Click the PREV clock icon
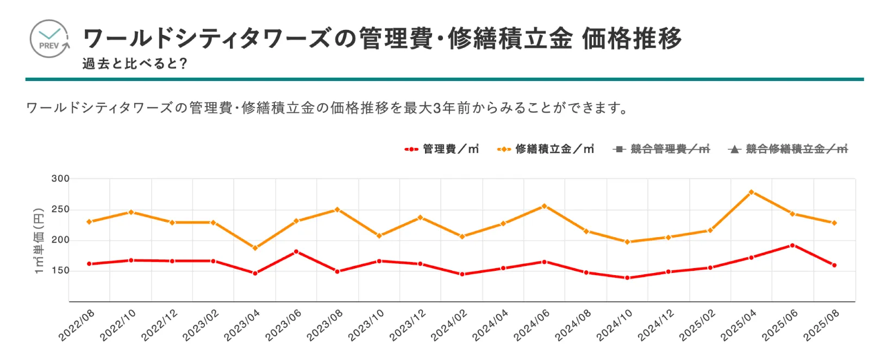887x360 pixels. (49, 39)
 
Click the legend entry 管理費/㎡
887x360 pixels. (442, 149)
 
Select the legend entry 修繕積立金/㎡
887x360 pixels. (546, 149)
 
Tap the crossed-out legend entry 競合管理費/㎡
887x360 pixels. (661, 149)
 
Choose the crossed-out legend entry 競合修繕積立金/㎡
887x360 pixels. (788, 149)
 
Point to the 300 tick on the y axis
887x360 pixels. (60, 178)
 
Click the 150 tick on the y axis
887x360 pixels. (60, 270)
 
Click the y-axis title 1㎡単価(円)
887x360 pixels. (39, 240)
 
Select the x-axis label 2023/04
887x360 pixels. (242, 325)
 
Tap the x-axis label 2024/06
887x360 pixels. (532, 325)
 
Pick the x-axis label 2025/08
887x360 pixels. (822, 325)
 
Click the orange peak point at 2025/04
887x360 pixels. (751, 192)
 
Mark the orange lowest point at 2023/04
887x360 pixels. (255, 248)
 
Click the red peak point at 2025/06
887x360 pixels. (792, 245)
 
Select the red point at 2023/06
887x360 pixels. (296, 252)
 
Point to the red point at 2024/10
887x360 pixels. (627, 278)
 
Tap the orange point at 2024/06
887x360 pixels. (544, 206)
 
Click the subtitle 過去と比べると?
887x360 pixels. (135, 64)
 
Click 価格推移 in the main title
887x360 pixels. (632, 39)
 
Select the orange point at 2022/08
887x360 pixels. (89, 222)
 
